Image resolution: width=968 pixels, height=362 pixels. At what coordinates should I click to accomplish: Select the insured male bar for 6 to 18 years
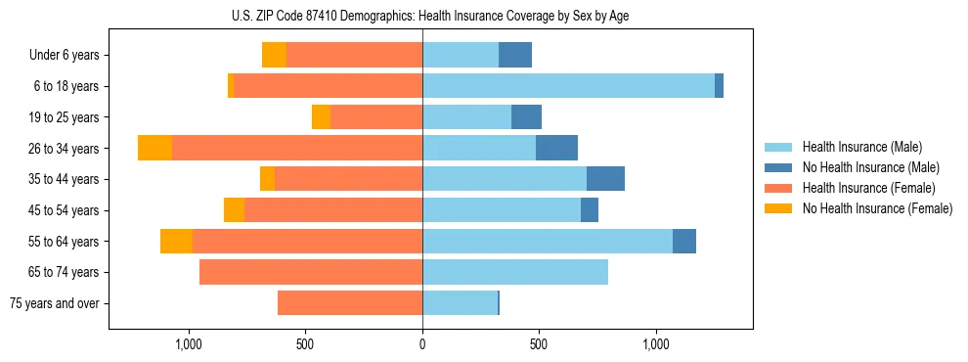[568, 86]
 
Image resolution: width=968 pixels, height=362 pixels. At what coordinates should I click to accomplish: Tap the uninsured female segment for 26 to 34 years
[154, 148]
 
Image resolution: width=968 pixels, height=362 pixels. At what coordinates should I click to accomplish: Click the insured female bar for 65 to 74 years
[311, 272]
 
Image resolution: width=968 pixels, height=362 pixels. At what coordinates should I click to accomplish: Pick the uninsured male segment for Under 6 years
[515, 55]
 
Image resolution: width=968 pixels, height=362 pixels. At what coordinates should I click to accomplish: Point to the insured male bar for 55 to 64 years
[548, 241]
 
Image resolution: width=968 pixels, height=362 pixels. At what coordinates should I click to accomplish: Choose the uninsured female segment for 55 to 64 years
[176, 241]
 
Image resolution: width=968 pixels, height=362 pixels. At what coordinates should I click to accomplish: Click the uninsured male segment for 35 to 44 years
[605, 179]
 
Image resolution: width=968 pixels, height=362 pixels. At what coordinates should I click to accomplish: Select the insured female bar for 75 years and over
[350, 303]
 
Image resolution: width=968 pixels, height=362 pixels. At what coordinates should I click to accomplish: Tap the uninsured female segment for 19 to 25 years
[321, 117]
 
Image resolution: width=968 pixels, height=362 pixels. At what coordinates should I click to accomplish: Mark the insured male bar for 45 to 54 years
[502, 210]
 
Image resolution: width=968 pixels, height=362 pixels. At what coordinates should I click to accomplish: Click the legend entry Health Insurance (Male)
[862, 147]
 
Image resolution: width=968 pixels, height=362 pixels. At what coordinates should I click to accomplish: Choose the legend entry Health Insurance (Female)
[868, 188]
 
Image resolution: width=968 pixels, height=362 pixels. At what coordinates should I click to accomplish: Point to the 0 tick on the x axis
[422, 344]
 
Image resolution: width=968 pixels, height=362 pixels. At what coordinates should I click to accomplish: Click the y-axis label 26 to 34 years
[66, 148]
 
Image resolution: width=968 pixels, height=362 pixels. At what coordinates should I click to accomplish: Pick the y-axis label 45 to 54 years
[66, 210]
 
